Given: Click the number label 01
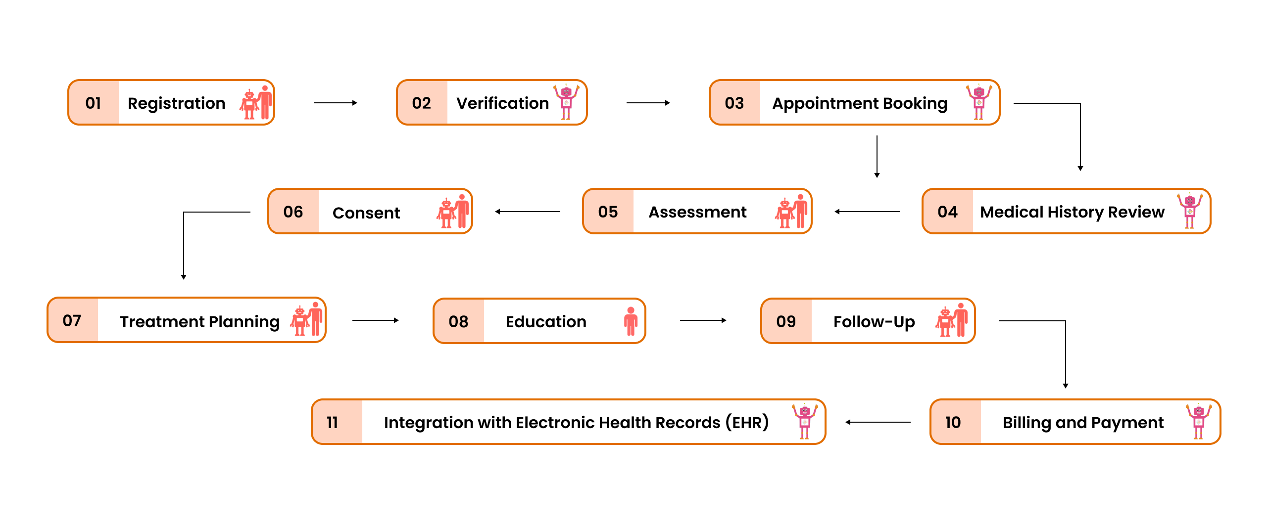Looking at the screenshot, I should click(x=93, y=103).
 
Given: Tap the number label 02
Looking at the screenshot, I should click(x=421, y=103).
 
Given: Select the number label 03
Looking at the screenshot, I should click(x=734, y=103).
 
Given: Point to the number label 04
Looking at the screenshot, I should click(x=947, y=212).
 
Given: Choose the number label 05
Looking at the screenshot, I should click(x=608, y=212).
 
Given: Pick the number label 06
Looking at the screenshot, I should click(x=293, y=212).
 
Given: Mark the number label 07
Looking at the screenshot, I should click(x=72, y=320).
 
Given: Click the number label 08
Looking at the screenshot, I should click(x=458, y=321).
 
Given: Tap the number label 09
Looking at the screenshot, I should click(x=786, y=321).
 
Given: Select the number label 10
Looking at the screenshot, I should click(x=953, y=422).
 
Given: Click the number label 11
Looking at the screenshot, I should click(x=332, y=422).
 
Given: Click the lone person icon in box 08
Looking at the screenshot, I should click(x=631, y=321).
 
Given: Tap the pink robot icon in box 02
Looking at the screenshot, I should click(x=566, y=102).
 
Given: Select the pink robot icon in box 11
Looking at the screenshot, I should click(x=804, y=422).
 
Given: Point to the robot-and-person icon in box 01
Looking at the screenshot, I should click(x=256, y=103).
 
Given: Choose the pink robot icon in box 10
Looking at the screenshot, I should click(x=1198, y=422).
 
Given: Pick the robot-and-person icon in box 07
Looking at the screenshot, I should click(x=306, y=320).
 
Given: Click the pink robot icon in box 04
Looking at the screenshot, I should click(x=1189, y=211).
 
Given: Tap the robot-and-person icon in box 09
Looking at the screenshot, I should click(x=951, y=321).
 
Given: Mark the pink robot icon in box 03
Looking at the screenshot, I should click(x=978, y=102).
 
